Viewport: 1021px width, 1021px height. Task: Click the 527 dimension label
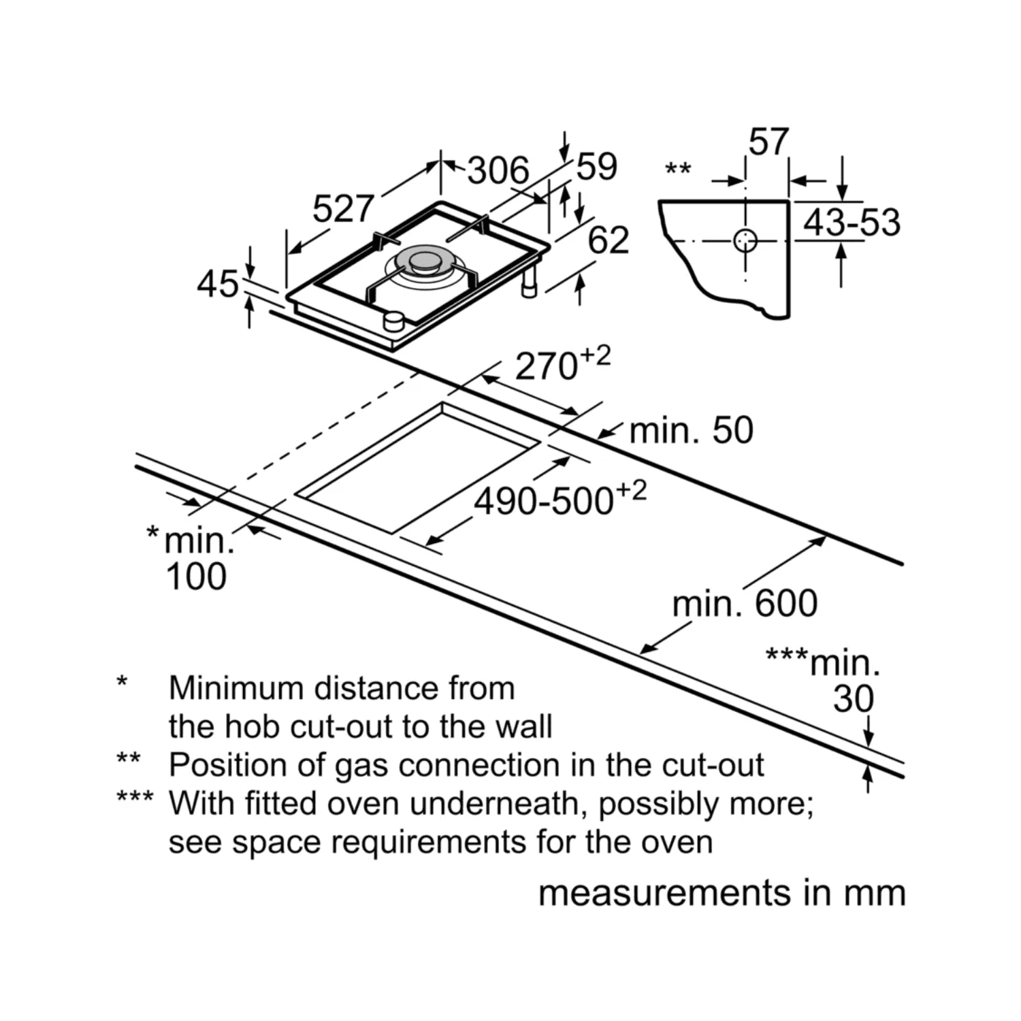[344, 209]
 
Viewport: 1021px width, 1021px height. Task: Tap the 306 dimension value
[498, 170]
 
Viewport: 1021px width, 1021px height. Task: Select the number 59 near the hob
[596, 167]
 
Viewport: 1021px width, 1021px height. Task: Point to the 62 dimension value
[608, 240]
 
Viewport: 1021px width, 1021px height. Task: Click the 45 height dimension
[218, 284]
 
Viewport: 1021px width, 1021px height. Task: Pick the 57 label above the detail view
[768, 143]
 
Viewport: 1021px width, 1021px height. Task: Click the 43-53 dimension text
[852, 223]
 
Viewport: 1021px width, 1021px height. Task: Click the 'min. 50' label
[691, 431]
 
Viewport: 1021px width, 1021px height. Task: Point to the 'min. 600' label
[745, 604]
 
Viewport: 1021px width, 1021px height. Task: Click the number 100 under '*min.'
[196, 577]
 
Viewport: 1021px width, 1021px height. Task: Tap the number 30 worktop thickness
[853, 699]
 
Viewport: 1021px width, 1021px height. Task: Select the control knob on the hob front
[393, 320]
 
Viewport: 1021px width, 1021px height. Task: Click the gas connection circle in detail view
[746, 240]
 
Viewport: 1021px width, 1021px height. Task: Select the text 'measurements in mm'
[722, 893]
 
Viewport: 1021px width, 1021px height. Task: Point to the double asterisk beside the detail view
[678, 168]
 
